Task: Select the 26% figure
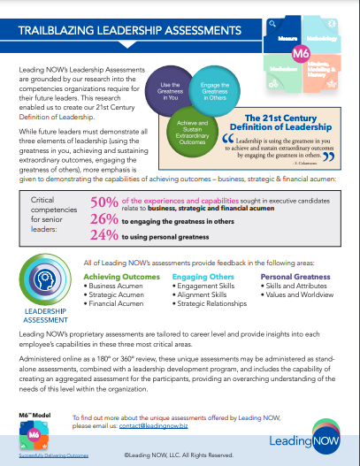coord(105,220)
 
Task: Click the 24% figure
coord(105,235)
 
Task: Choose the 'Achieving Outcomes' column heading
coord(122,277)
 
